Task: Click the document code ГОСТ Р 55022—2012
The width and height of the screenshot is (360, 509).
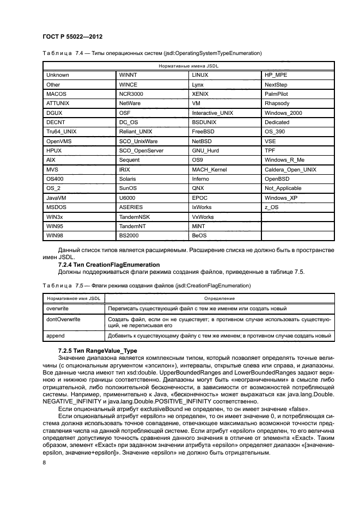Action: pyautogui.click(x=72, y=36)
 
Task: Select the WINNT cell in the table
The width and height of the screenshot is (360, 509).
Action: pyautogui.click(x=129, y=75)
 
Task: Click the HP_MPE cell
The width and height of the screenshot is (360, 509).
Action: pyautogui.click(x=276, y=75)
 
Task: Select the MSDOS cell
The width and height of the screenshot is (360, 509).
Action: pyautogui.click(x=57, y=207)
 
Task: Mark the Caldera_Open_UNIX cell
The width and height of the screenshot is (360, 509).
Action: pyautogui.click(x=290, y=169)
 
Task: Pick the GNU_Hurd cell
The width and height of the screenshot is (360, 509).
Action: pyautogui.click(x=205, y=150)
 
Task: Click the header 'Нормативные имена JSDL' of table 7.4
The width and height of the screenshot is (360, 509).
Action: pyautogui.click(x=188, y=65)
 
